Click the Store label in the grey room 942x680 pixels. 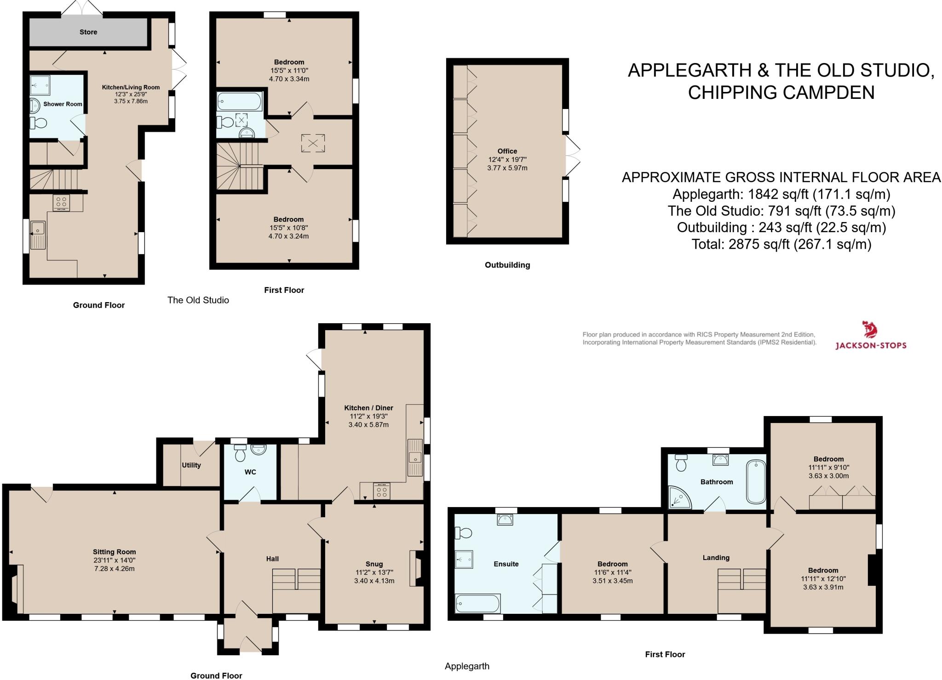(88, 32)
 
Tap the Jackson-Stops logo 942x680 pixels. (870, 336)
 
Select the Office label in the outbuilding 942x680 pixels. (507, 151)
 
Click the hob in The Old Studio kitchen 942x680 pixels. (61, 202)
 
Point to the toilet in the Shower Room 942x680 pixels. (39, 123)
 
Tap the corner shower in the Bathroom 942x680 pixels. (679, 497)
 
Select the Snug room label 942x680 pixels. (374, 564)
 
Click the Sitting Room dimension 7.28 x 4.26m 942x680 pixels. (115, 569)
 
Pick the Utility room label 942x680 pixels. (191, 465)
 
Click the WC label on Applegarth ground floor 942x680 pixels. (250, 472)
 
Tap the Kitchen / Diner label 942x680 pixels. (368, 408)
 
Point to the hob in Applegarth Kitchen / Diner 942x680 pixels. (381, 491)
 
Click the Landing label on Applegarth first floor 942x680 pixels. (716, 558)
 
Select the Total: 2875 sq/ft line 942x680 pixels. (781, 244)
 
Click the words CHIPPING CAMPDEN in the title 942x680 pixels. (781, 92)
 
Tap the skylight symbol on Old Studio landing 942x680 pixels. (313, 143)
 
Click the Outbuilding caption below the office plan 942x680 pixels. (507, 265)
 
